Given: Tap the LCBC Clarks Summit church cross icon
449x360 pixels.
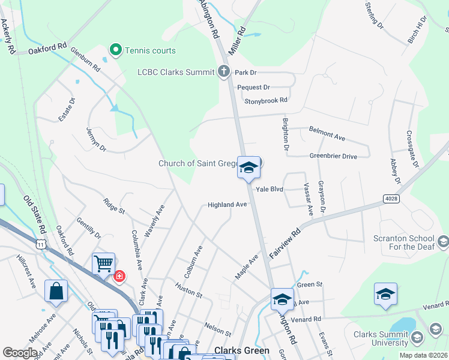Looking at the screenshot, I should tap(224, 72).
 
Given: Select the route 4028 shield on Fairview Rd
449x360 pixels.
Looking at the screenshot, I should tap(390, 197).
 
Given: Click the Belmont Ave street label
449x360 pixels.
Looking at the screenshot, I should tap(327, 133).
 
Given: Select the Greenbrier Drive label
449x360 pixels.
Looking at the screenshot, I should tap(333, 157).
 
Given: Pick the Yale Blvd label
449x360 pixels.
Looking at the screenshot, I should tap(269, 189).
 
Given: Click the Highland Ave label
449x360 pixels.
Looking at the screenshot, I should tap(228, 205).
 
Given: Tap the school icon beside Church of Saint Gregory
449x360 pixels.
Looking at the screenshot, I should tap(249, 168).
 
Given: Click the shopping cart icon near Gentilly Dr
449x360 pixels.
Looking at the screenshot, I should tap(103, 263).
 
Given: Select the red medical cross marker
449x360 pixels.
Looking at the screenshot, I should tap(119, 276).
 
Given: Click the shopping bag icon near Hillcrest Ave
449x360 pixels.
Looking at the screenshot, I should tap(56, 291).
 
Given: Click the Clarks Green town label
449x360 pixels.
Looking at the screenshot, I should tap(242, 350).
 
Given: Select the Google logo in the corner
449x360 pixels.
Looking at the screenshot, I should tap(20, 353).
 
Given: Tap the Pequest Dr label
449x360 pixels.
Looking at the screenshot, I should tap(253, 87).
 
